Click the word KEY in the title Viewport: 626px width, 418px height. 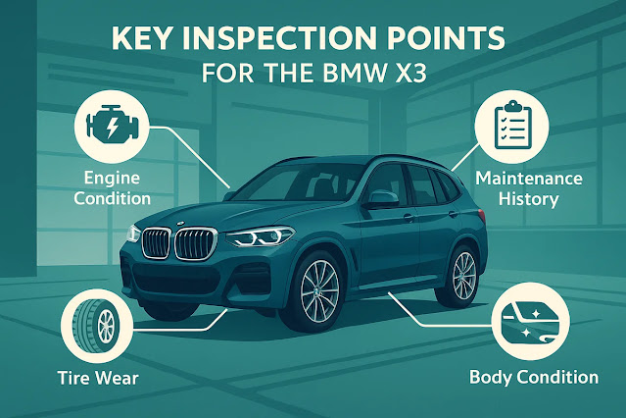click(149, 41)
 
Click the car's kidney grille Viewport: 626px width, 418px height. click(172, 242)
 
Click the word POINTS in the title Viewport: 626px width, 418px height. click(447, 41)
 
